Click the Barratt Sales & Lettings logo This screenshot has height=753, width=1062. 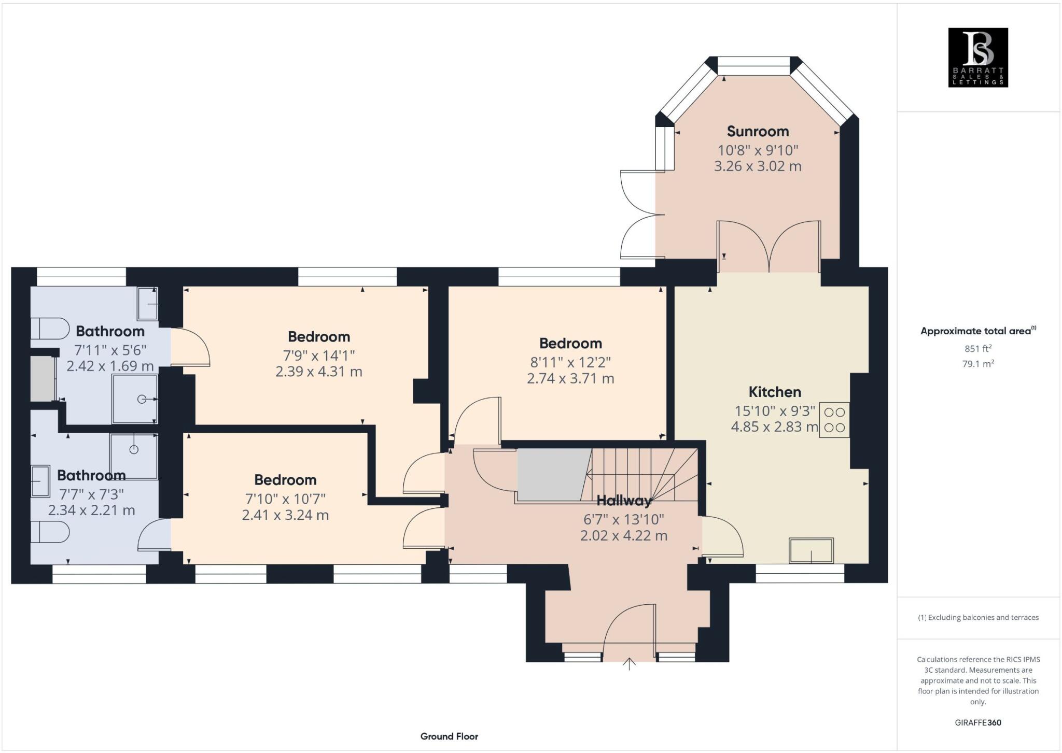pos(977,57)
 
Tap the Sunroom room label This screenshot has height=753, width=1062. pos(758,131)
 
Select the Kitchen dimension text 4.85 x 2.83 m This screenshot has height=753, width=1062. pos(774,427)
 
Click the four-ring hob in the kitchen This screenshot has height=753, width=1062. pos(834,420)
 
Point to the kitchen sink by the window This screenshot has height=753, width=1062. pos(811,550)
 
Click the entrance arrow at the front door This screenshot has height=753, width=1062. pos(629,664)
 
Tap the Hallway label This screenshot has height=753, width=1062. pos(624,501)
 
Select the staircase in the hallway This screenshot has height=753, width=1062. pos(643,474)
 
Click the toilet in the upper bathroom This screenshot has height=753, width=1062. pos(50,329)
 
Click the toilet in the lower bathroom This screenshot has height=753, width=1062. pos(50,532)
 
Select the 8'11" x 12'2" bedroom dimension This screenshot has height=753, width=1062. pos(570,362)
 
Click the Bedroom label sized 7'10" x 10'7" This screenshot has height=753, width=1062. pos(285,480)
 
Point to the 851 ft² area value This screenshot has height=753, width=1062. pos(977,348)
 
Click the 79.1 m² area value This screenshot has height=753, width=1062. pos(977,364)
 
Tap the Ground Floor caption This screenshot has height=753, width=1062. pos(449,736)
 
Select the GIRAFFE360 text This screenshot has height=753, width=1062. pos(977,722)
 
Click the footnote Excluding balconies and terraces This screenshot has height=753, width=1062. pos(978,617)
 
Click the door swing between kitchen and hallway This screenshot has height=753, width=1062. pos(722,536)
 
